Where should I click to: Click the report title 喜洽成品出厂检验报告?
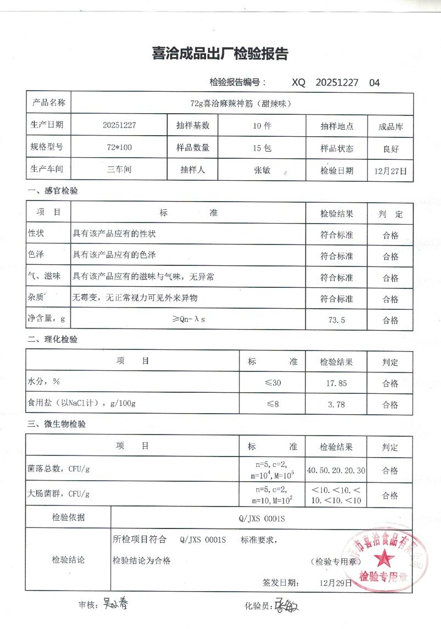click(x=220, y=54)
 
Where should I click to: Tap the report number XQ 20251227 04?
click(x=336, y=82)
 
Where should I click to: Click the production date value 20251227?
click(x=119, y=125)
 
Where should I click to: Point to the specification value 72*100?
click(x=119, y=147)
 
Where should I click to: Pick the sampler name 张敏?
click(x=261, y=170)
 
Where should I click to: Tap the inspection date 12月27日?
click(x=390, y=171)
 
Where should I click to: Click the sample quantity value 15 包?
click(x=261, y=148)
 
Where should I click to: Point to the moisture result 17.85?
click(x=336, y=383)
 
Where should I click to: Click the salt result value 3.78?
click(x=336, y=405)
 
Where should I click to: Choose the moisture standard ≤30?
click(x=272, y=383)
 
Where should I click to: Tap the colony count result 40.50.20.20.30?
click(x=337, y=471)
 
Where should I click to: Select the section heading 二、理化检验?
click(x=53, y=340)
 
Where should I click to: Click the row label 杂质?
click(x=36, y=298)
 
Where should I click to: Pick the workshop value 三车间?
click(x=119, y=170)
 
